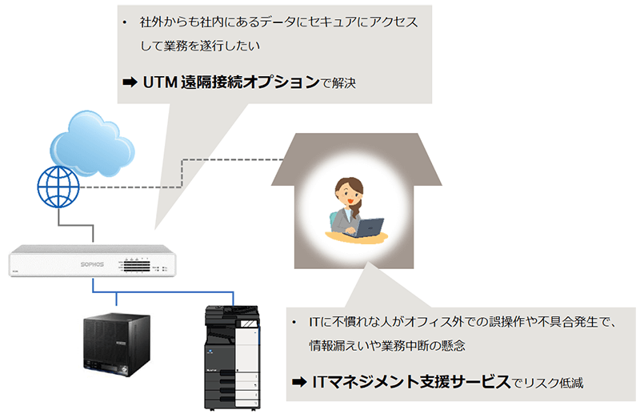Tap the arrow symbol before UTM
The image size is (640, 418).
pos(130,83)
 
